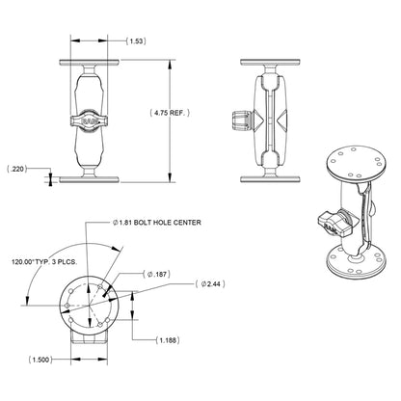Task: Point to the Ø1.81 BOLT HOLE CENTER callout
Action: click(x=160, y=224)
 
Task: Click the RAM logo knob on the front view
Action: click(x=89, y=120)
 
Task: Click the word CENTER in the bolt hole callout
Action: click(x=185, y=224)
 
